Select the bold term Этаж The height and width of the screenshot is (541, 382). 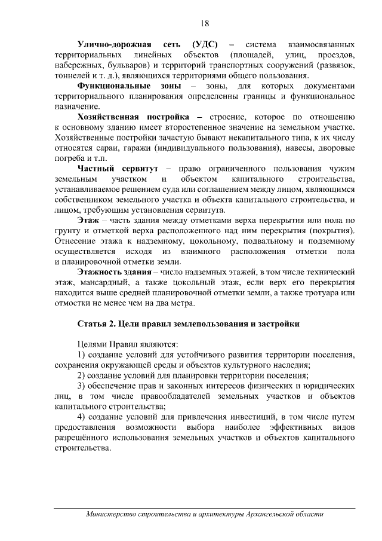click(88, 221)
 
